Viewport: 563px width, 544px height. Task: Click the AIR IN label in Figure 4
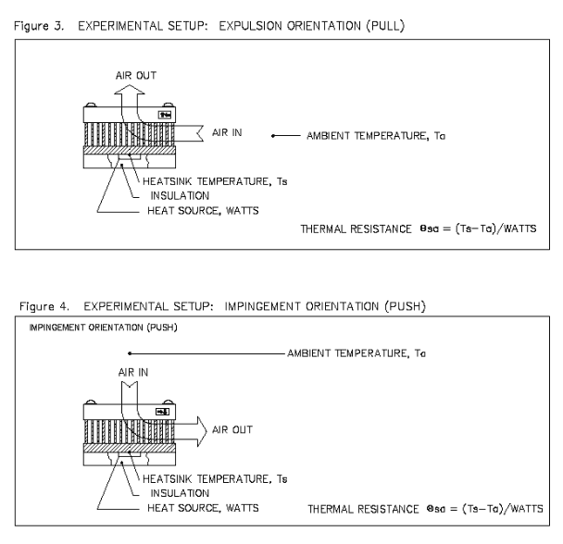[131, 372]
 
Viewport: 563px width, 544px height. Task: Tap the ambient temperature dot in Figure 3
[272, 136]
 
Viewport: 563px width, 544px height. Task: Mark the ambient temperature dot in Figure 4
[131, 352]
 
